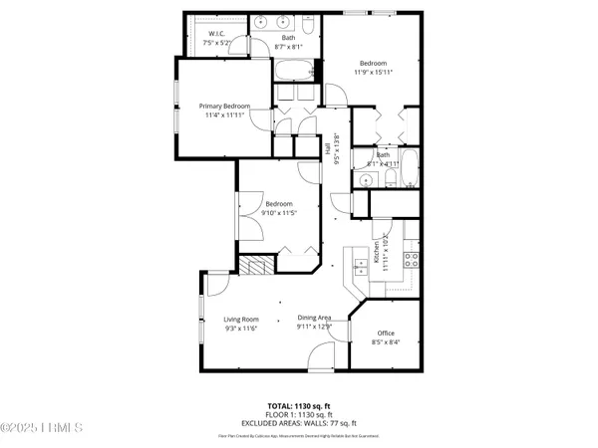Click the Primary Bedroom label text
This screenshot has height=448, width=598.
(x=224, y=107)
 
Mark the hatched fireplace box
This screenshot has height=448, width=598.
(x=258, y=267)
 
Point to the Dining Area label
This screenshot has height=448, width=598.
(x=315, y=318)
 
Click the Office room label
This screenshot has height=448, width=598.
(x=386, y=334)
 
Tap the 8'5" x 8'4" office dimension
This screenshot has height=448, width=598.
(x=386, y=342)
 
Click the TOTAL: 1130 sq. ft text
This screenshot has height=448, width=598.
(x=299, y=406)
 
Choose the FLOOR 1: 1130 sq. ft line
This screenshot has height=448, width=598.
(x=299, y=414)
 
